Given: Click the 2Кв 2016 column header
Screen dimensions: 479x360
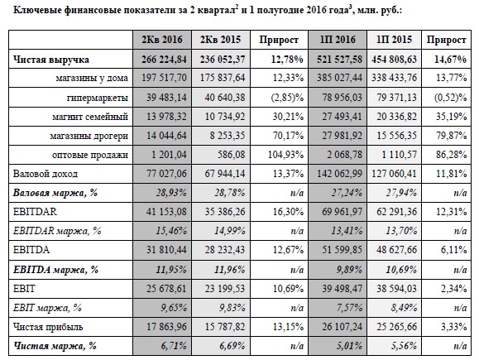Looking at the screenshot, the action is pyautogui.click(x=162, y=40).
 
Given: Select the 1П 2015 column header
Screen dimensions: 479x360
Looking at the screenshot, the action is pyautogui.click(x=394, y=40).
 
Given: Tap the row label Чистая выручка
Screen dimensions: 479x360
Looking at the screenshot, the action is pyautogui.click(x=51, y=60).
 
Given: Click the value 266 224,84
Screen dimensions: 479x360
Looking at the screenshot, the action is pyautogui.click(x=164, y=60).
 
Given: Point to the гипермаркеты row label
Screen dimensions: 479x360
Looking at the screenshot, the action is pyautogui.click(x=98, y=98).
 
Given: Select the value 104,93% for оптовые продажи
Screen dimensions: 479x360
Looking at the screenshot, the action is pyautogui.click(x=286, y=155).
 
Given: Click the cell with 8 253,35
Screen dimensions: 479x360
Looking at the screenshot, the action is pyautogui.click(x=228, y=136).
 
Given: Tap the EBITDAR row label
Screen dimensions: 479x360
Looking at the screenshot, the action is pyautogui.click(x=35, y=212).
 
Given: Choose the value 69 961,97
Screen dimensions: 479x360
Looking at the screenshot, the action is pyautogui.click(x=342, y=212).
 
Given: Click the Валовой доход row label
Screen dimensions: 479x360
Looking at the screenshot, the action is pyautogui.click(x=46, y=174).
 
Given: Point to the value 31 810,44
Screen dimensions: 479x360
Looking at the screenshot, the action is pyautogui.click(x=166, y=250).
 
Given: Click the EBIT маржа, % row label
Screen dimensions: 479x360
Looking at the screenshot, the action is pyautogui.click(x=47, y=308).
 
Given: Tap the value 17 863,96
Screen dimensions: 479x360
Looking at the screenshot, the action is pyautogui.click(x=166, y=327).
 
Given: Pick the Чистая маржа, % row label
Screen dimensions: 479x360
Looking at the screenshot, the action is pyautogui.click(x=55, y=346).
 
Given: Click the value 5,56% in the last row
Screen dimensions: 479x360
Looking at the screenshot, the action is pyautogui.click(x=405, y=346).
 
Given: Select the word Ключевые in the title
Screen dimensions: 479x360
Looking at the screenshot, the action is pyautogui.click(x=37, y=11).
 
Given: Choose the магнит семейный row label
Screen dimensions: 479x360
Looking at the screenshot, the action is pyautogui.click(x=90, y=117).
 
